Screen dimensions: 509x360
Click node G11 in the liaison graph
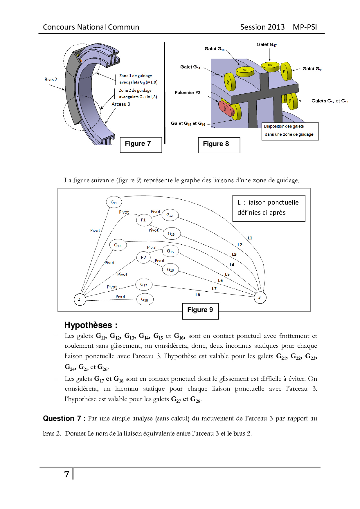point(114,202)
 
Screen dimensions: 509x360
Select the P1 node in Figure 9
point(144,220)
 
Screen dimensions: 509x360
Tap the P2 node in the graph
point(143,257)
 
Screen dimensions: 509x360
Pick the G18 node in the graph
point(145,299)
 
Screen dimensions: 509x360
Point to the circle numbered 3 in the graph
point(260,297)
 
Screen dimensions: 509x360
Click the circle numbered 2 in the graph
point(79,299)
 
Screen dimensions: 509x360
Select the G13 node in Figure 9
point(171,234)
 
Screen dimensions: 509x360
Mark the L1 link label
point(250,238)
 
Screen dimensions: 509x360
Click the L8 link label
point(198,295)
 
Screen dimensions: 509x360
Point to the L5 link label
point(227,274)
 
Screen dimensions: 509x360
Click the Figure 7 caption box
point(141,145)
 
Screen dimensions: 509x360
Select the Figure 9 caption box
point(200,311)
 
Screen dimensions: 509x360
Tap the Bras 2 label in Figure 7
point(51,80)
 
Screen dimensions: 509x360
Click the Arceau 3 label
point(121,104)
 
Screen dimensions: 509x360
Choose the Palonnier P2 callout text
point(188,93)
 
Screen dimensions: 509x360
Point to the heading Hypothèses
point(91,325)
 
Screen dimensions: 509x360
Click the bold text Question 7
point(64,418)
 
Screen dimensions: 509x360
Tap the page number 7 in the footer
point(67,474)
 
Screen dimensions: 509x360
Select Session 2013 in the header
point(262,27)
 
